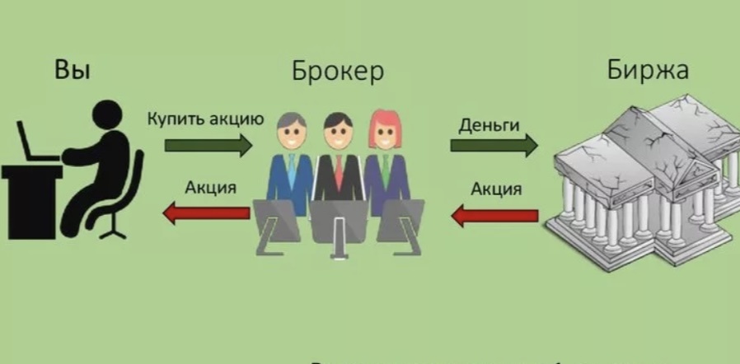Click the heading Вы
point(72,70)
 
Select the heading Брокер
point(337,72)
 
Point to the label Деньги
point(489,125)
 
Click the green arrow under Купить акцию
point(208,147)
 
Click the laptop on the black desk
point(35,140)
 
